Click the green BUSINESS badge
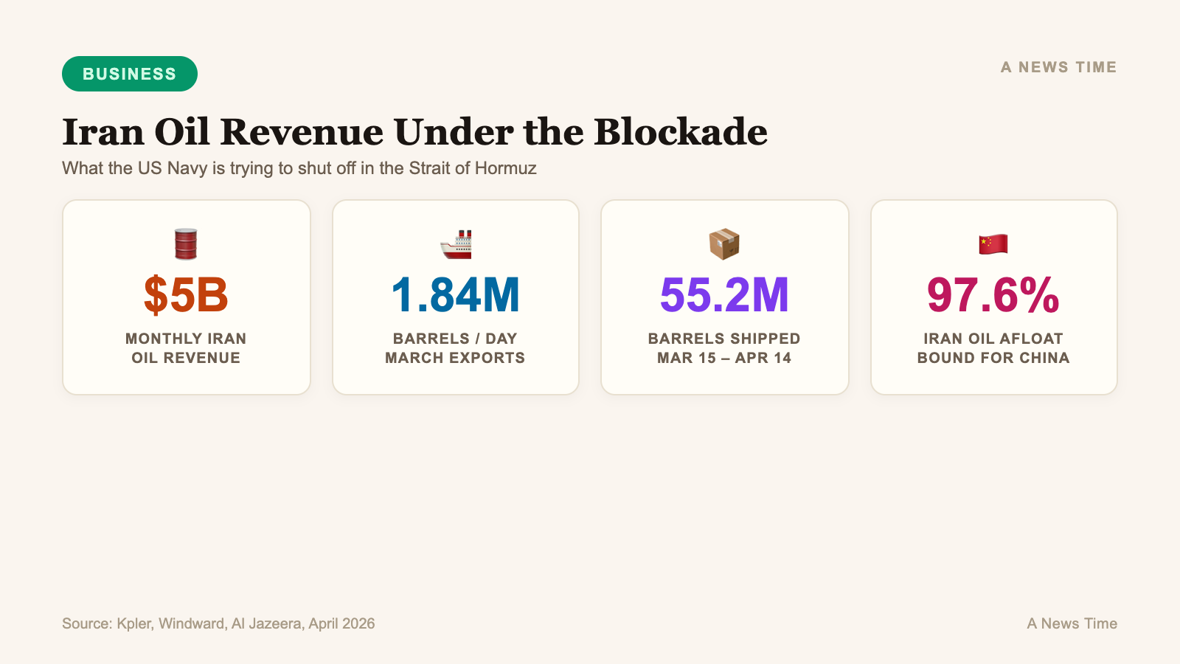point(130,74)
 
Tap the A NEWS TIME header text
point(1058,67)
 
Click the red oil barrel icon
point(186,244)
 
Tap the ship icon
point(456,244)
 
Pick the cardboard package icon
point(724,244)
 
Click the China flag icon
point(993,244)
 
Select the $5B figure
point(186,295)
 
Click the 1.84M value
point(456,295)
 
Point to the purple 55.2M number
point(724,295)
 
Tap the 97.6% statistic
point(993,295)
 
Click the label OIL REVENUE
point(186,358)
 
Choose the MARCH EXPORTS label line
point(455,358)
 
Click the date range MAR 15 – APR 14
point(724,358)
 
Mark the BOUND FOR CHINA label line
point(993,358)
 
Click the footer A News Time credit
point(1072,623)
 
